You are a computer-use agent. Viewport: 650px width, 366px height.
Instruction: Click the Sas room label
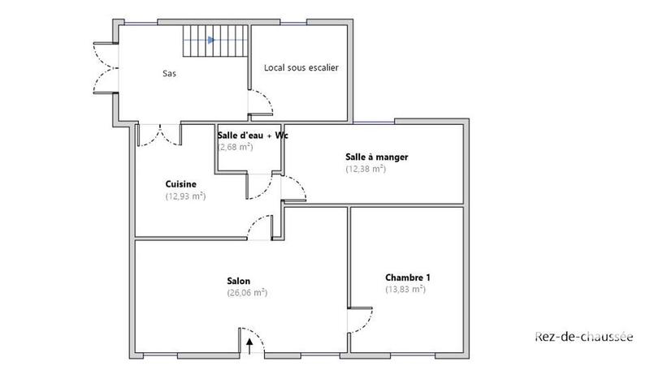click(x=169, y=73)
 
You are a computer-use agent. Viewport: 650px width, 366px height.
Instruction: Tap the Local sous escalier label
click(x=301, y=67)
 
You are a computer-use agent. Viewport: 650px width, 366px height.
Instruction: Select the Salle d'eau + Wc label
click(x=253, y=136)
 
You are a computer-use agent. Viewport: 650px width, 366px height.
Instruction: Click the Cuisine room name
click(x=180, y=184)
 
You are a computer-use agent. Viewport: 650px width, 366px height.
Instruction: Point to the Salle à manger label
click(x=376, y=157)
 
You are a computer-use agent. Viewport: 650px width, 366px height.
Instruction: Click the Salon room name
click(x=239, y=281)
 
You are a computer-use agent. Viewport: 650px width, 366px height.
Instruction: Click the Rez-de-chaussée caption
click(x=583, y=336)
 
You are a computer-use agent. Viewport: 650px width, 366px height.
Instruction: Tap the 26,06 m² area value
click(x=248, y=293)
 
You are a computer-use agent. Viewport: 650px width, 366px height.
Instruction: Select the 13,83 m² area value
click(x=405, y=289)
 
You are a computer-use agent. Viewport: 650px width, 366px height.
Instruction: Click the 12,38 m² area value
click(x=366, y=169)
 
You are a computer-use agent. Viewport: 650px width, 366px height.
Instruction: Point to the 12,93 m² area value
click(x=185, y=196)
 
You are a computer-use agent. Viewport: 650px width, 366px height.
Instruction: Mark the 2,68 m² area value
click(x=236, y=148)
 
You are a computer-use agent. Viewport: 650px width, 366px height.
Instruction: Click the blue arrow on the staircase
click(x=210, y=39)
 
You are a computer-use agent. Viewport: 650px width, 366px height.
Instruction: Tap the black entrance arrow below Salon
click(x=249, y=346)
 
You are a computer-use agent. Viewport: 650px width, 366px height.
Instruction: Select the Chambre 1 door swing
click(x=360, y=321)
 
